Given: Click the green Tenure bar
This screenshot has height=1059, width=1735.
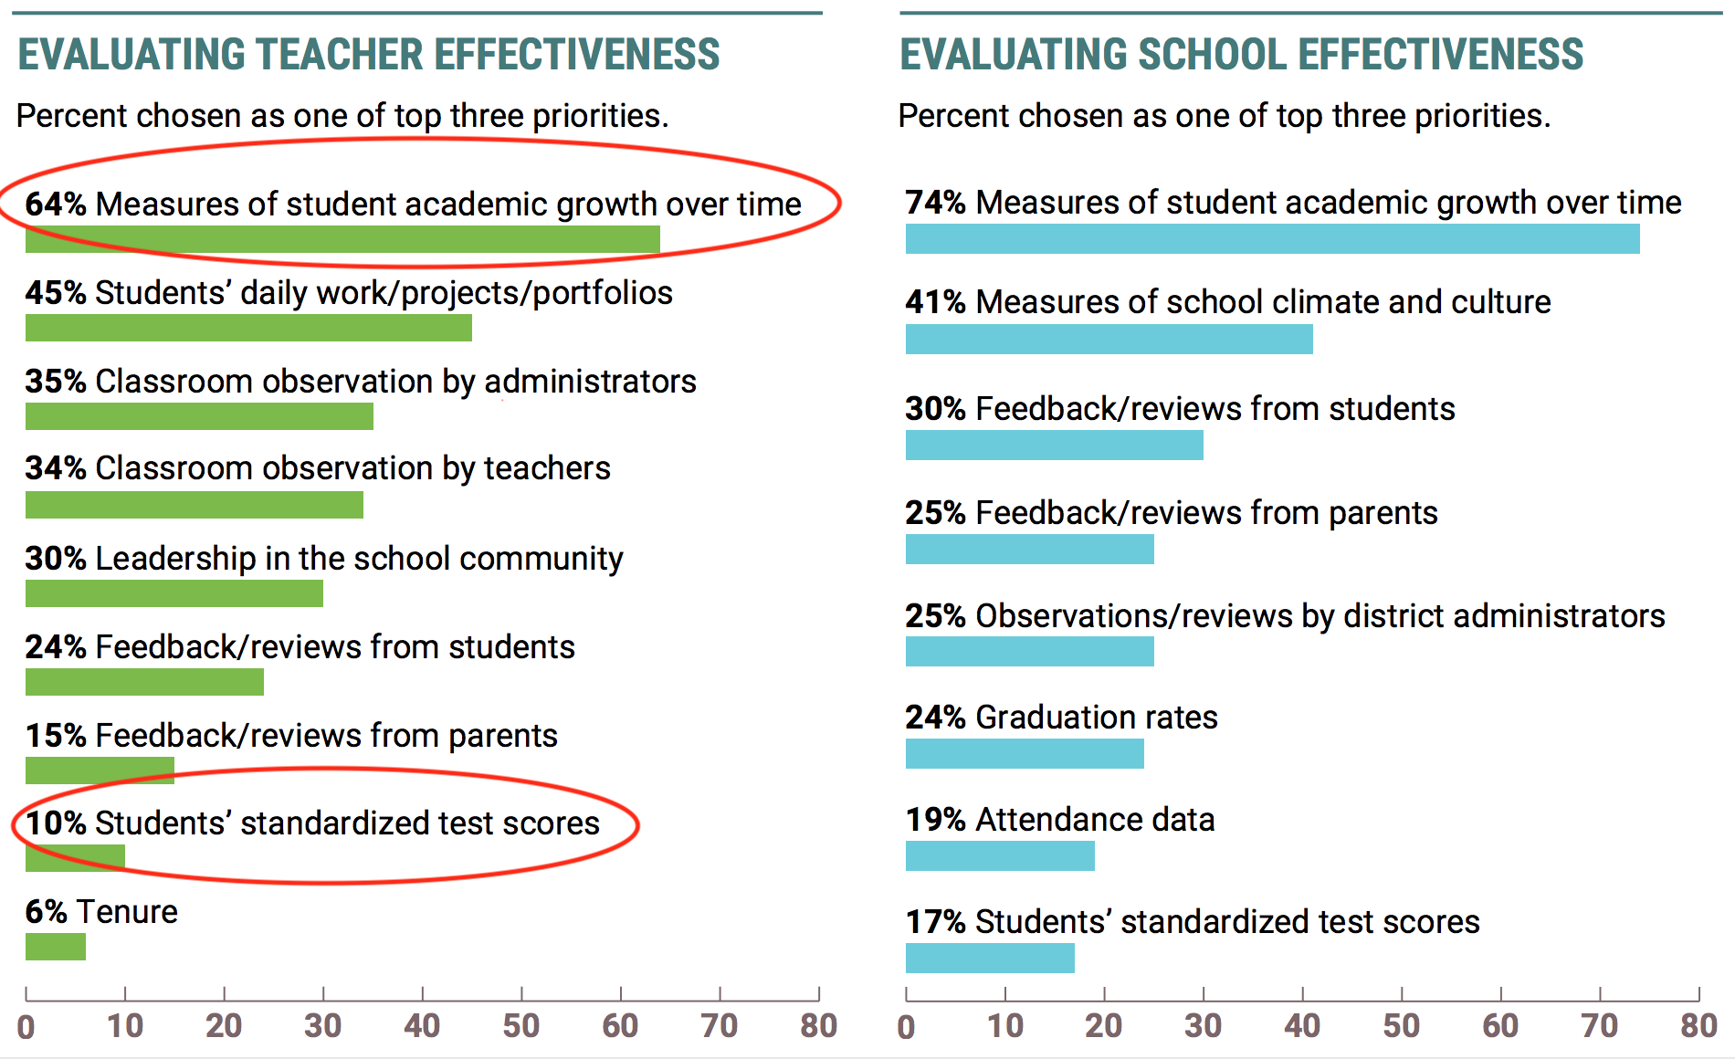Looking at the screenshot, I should coord(56,947).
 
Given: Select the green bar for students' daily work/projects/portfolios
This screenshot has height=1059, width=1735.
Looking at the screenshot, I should coord(248,328).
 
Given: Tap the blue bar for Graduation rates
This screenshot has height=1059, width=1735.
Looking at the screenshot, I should coord(1025,754).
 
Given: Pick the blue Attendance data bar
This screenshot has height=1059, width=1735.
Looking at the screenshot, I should coord(1000,856).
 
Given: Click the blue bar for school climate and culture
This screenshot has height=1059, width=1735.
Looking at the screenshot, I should coord(1109,340).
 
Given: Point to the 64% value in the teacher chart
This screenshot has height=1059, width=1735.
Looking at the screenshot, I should coord(56,204).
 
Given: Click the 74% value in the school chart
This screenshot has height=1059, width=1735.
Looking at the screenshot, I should coord(936,202).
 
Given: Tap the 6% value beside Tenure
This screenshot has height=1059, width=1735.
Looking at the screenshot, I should coord(46,911).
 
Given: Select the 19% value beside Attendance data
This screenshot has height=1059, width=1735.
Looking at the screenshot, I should coord(936,819).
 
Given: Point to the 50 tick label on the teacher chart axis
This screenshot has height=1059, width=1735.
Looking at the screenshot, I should coord(521,1026).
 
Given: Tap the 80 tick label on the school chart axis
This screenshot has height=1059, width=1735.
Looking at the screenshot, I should coord(1698,1026).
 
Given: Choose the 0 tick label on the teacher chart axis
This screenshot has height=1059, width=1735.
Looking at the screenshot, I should coord(26,1027).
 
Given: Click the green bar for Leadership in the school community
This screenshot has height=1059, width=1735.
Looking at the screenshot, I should coord(174,593).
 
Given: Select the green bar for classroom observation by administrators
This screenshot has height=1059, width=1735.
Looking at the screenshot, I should coord(199,416).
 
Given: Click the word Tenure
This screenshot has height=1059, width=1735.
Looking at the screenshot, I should coord(127,911).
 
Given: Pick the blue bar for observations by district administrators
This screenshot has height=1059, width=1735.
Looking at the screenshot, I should coord(1030,652).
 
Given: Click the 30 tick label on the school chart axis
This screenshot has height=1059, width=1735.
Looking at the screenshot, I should coord(1203,1026).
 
